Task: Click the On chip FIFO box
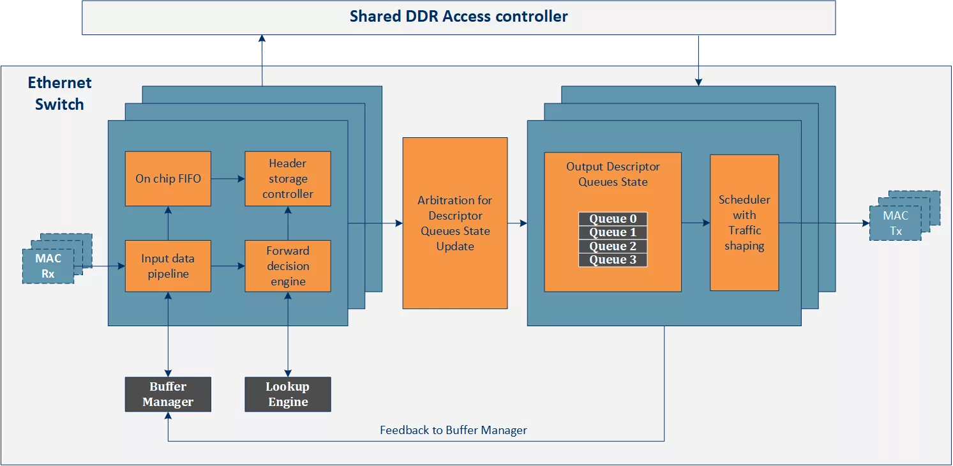[x=168, y=179]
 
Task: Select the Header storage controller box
[x=288, y=179]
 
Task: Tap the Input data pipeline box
[x=168, y=266]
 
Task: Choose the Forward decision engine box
[x=288, y=266]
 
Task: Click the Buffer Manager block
[x=168, y=394]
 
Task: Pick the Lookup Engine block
[x=288, y=394]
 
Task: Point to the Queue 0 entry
[x=613, y=219]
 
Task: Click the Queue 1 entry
[x=613, y=232]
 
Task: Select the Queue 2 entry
[x=613, y=246]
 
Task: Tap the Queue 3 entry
[x=613, y=260]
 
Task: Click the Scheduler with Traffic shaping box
[x=744, y=223]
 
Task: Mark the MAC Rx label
[x=48, y=266]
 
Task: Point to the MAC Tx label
[x=896, y=223]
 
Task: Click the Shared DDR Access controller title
[x=459, y=16]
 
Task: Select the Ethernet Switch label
[x=59, y=93]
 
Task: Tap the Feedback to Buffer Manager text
[x=454, y=430]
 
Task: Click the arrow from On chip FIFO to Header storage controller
[x=228, y=179]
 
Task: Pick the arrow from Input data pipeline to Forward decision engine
[x=228, y=266]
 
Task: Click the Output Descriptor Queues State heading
[x=613, y=174]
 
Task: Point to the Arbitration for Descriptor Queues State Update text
[x=455, y=223]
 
